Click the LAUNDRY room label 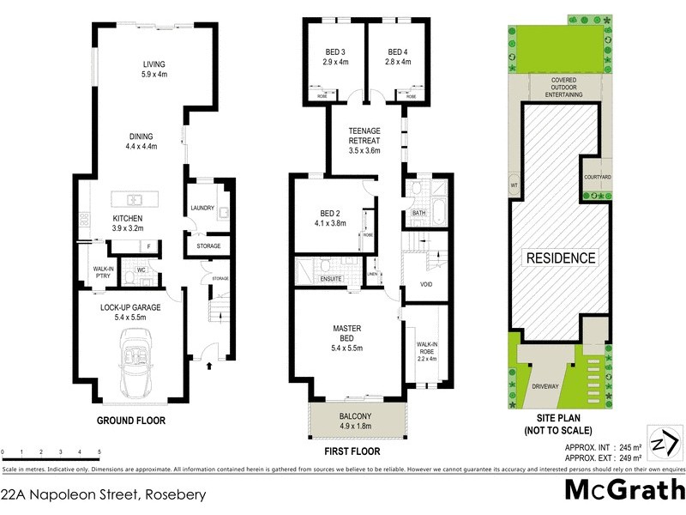point(202,209)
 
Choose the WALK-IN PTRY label point(105,274)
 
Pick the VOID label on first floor point(425,284)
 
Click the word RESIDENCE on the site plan point(560,257)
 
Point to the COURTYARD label point(597,177)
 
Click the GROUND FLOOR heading point(131,421)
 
